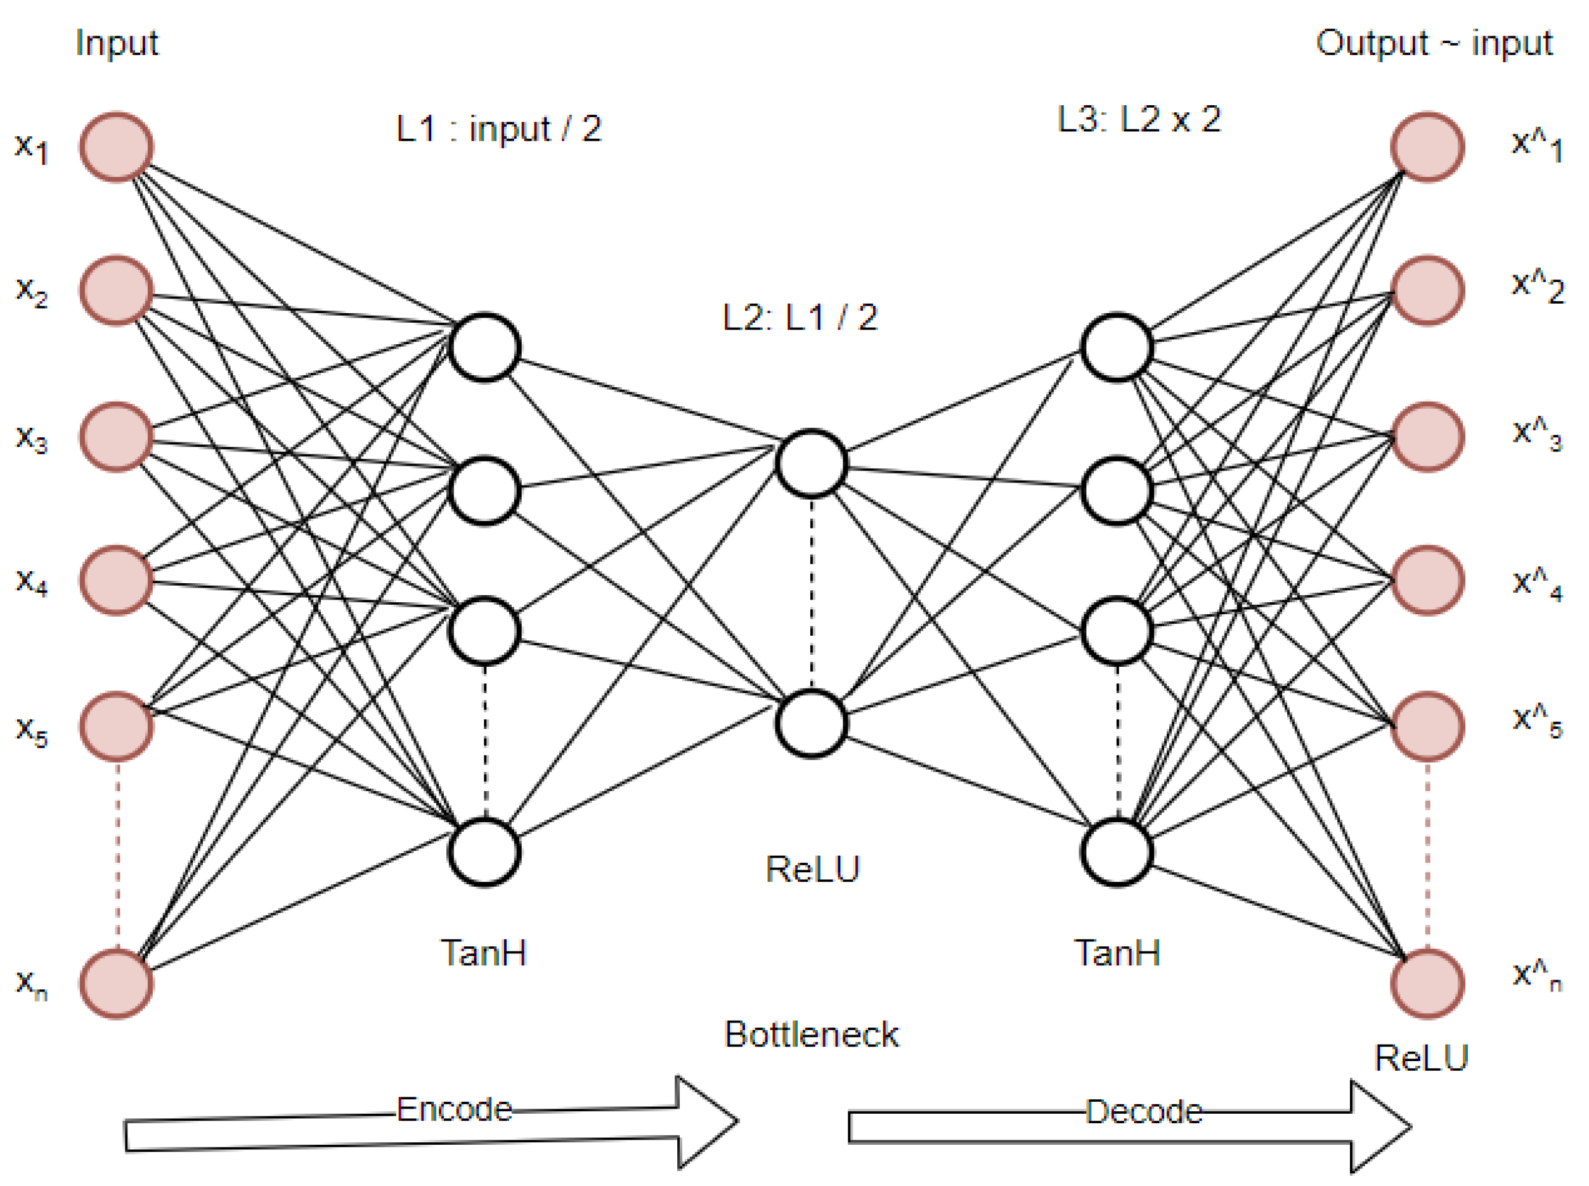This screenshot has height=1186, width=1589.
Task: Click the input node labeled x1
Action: [115, 146]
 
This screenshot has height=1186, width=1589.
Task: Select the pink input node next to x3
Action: [115, 437]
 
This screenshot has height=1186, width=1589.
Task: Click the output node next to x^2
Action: [1427, 290]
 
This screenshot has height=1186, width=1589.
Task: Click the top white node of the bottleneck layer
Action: [812, 464]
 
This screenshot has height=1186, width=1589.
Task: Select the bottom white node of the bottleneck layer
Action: [812, 724]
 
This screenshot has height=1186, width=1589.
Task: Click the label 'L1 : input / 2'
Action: [498, 129]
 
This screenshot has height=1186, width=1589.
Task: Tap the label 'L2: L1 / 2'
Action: [800, 318]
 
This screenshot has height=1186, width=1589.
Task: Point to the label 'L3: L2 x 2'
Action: [1139, 119]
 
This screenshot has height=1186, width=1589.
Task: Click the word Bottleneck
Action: [812, 1035]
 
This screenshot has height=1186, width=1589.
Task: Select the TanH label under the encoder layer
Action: [483, 953]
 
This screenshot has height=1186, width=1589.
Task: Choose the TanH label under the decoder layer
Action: [1117, 953]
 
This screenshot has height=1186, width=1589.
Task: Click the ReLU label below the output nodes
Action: [1421, 1058]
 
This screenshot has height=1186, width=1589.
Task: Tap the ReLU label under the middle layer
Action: [812, 870]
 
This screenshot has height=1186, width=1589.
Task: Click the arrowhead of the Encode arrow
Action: [707, 1121]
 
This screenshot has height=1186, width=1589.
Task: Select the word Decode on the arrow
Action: [1144, 1112]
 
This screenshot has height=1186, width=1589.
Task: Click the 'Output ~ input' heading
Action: [1433, 43]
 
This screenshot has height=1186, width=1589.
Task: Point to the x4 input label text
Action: [32, 581]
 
